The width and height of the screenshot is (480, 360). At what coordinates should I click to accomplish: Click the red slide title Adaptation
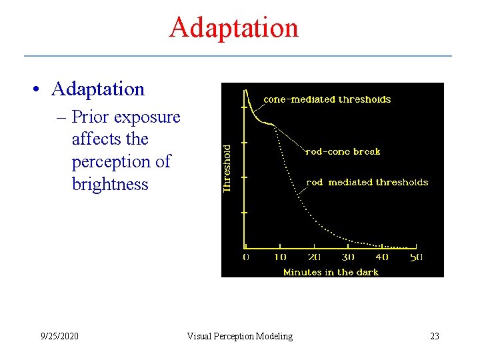click(x=233, y=27)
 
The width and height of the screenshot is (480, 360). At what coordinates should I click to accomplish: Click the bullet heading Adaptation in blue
click(x=97, y=89)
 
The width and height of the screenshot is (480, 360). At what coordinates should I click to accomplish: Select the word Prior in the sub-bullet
click(x=91, y=117)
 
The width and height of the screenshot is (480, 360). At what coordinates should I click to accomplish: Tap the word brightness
click(x=110, y=184)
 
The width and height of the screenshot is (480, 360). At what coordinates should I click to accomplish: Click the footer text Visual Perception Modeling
click(x=239, y=336)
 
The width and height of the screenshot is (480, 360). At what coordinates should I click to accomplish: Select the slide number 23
click(x=435, y=336)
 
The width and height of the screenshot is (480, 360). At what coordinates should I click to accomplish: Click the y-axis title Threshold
click(x=227, y=169)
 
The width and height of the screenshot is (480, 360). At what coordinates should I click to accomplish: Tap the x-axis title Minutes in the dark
click(x=331, y=272)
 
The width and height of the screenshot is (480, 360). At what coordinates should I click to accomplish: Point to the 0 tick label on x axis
click(x=245, y=257)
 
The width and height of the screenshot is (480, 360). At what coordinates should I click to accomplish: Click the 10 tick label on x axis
click(x=280, y=257)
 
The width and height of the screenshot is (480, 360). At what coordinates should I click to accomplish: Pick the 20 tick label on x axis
click(x=314, y=257)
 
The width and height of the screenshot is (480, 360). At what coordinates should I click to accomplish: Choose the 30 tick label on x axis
click(x=348, y=257)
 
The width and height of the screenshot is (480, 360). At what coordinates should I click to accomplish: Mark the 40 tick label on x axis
click(x=382, y=257)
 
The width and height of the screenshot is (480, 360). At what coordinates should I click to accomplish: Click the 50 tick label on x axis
click(x=415, y=257)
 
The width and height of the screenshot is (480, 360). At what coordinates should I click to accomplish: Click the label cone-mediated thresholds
click(x=327, y=99)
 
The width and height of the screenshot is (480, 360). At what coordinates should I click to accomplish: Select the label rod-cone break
click(x=343, y=151)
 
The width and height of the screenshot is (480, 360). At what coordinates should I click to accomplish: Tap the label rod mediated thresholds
click(x=367, y=182)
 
